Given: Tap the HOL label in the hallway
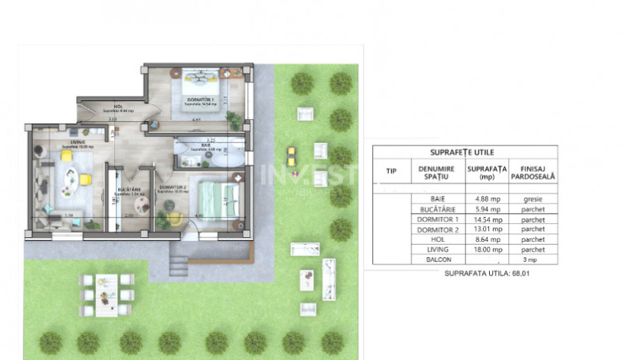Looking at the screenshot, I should [117, 107].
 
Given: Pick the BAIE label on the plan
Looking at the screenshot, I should [205, 145].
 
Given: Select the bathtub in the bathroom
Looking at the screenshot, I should [221, 157].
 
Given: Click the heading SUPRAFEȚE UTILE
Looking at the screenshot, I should [463, 152].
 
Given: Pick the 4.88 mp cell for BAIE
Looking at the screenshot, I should [483, 199].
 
